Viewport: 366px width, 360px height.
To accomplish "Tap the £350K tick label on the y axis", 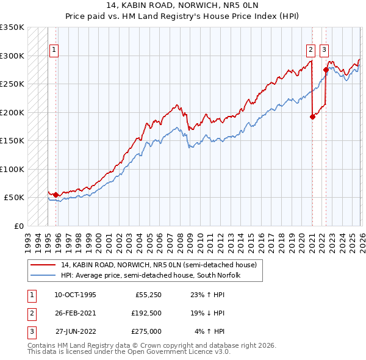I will coord(12,27).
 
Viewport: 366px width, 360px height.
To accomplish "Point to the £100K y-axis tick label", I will coord(12,169).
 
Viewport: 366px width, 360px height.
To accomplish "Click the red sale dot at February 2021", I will coord(312,117).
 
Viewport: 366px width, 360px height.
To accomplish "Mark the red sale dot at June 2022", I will coord(326,70).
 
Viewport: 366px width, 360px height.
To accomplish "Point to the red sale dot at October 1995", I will coord(56,195).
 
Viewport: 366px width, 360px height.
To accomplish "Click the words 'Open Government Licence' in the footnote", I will coord(171,351).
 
